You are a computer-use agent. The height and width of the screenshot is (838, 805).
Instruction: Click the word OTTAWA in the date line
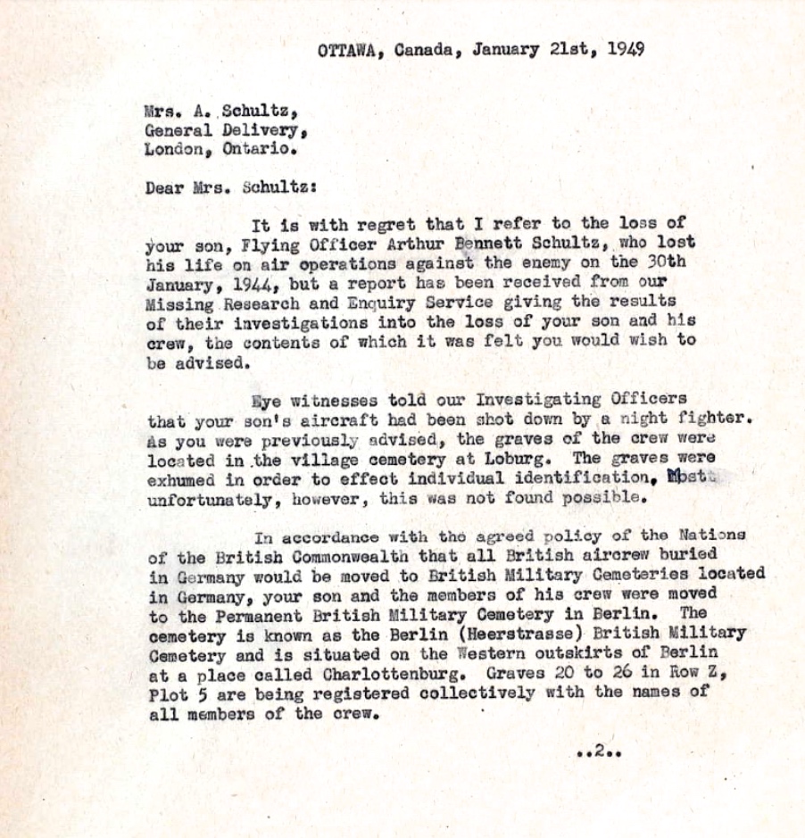pyautogui.click(x=344, y=50)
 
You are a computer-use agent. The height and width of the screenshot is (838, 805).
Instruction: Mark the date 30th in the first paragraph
pyautogui.click(x=662, y=262)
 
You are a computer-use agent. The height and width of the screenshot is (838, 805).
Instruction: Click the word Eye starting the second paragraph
pyautogui.click(x=267, y=401)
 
